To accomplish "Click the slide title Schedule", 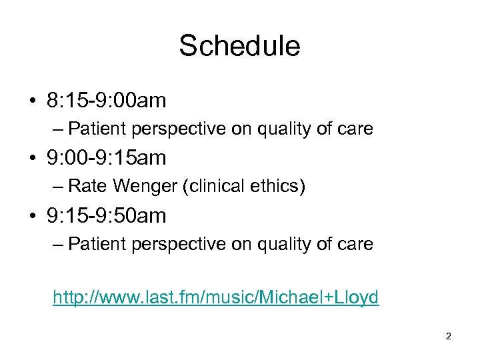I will (239, 46).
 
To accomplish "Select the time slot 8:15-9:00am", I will (106, 101).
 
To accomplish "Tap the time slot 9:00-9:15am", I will (106, 158).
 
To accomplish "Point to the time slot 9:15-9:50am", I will (106, 216).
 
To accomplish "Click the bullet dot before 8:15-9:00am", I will (32, 101).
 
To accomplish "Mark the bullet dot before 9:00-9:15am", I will (32, 159).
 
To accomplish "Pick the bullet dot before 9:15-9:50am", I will (32, 217).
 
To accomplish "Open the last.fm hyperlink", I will (216, 297).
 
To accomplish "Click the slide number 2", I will (448, 336).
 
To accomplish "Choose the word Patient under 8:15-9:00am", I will (91, 129).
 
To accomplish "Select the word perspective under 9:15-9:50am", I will (171, 244).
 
